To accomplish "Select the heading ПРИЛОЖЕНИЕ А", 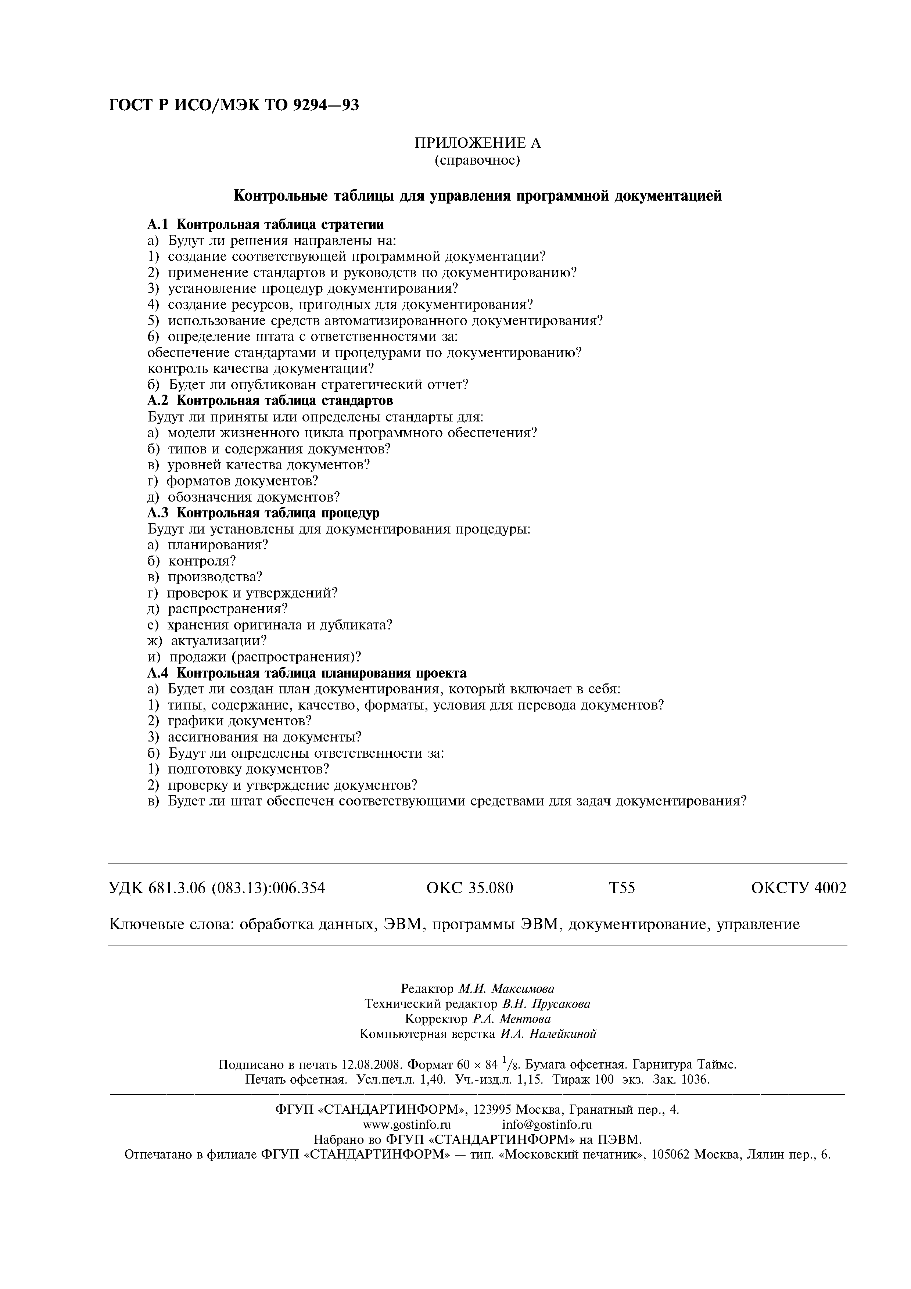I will pos(478,144).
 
